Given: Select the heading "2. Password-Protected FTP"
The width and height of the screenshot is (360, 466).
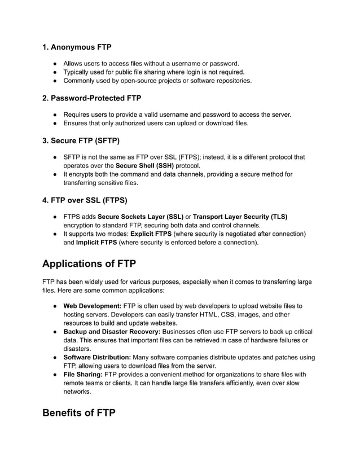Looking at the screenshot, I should coord(91,98).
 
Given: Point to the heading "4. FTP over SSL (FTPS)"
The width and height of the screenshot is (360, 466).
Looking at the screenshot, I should coord(85,200).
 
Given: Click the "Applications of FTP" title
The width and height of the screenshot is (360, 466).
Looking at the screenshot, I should coord(89,263).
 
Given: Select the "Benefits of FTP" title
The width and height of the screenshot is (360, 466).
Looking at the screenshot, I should coord(79,413).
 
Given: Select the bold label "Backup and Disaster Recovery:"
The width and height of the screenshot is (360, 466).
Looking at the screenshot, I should coord(112,331).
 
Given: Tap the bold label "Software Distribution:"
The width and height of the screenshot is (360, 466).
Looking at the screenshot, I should coord(96,357).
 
